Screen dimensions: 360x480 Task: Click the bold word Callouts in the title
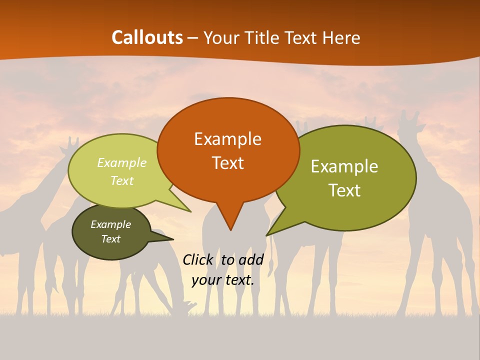[147, 37]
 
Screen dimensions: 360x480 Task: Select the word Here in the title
[342, 37]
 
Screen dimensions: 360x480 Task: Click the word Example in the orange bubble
[227, 139]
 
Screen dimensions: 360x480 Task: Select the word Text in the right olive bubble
[344, 190]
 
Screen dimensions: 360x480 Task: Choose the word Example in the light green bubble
[122, 163]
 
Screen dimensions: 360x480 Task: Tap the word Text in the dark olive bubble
[110, 239]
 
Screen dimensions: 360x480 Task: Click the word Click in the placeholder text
[197, 259]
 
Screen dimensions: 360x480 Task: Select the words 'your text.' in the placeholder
[223, 280]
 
